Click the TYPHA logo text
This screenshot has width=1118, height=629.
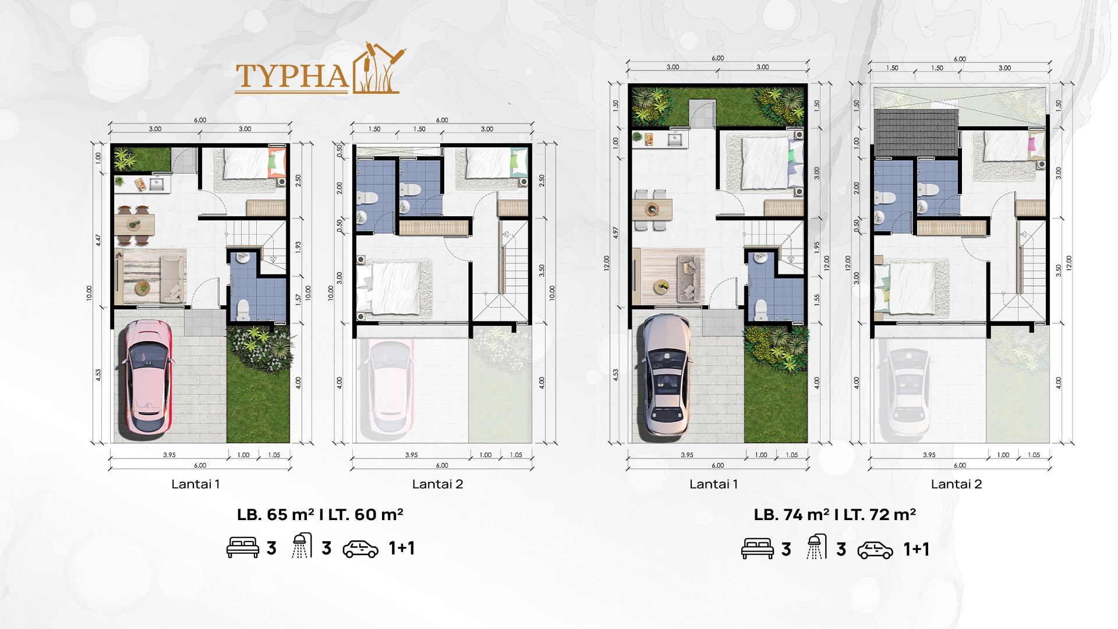292,77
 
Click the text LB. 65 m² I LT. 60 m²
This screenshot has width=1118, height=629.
320,515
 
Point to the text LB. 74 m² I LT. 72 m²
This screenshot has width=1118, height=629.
834,515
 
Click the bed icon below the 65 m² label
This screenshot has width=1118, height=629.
243,548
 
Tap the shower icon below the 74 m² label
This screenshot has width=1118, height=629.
816,546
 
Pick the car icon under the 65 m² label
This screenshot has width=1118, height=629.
360,549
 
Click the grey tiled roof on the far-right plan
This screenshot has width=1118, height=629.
916,133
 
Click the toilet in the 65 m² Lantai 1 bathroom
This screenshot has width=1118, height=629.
243,310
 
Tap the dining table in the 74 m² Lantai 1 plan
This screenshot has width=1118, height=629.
652,210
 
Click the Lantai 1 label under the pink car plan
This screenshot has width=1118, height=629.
196,484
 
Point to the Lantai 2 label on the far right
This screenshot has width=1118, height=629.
956,484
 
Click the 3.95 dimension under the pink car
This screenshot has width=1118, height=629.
169,455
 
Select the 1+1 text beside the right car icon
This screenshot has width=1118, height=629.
916,549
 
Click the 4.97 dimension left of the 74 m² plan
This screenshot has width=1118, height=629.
615,234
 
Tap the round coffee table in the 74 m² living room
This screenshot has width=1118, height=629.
661,285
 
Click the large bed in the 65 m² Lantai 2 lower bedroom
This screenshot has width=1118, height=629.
389,289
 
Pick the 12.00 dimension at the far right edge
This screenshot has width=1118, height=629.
1069,263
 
